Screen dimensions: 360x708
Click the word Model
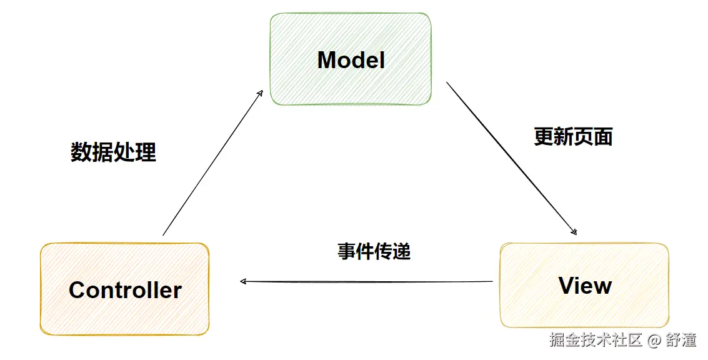click(351, 60)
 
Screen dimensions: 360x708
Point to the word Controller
click(125, 290)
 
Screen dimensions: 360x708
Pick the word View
click(585, 286)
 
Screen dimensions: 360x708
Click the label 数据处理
click(113, 152)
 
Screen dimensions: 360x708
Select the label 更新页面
click(573, 136)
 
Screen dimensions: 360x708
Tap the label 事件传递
click(374, 251)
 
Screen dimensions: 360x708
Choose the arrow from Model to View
click(509, 156)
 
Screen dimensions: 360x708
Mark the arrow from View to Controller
click(369, 282)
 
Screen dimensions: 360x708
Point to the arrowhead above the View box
click(574, 231)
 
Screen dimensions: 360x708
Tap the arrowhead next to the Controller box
click(244, 281)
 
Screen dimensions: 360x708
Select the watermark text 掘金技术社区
click(596, 341)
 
